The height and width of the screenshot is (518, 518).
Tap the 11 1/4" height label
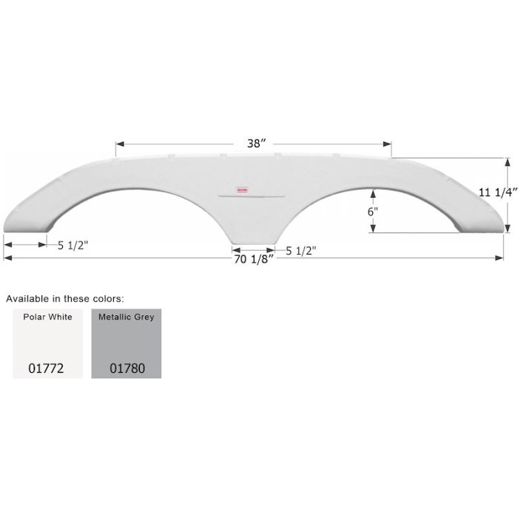pyautogui.click(x=495, y=191)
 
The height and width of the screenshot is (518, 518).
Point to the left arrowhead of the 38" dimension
pyautogui.click(x=118, y=144)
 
